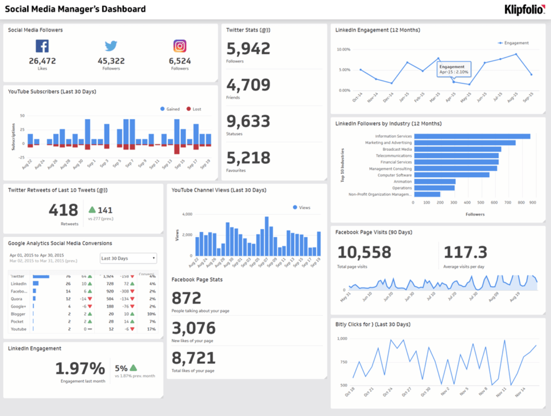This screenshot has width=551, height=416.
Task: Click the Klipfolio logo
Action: (524, 9)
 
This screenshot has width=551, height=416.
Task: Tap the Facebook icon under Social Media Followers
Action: (43, 46)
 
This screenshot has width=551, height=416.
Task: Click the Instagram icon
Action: (180, 46)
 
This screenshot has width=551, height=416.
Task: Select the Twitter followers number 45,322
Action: (111, 61)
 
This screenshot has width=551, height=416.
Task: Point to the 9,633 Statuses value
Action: (248, 122)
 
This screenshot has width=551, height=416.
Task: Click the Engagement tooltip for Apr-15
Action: (453, 69)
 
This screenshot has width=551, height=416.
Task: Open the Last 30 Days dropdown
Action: (128, 258)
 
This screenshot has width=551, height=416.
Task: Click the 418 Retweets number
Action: (63, 210)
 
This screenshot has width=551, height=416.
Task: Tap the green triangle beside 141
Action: (91, 210)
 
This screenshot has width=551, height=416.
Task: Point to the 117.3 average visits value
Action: (466, 252)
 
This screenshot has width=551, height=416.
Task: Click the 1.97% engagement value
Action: (80, 368)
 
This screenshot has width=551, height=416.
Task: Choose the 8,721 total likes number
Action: (193, 358)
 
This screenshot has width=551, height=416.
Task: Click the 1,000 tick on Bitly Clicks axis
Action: (342, 339)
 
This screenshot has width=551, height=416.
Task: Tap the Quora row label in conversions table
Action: (16, 298)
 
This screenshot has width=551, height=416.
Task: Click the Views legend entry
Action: (301, 207)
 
